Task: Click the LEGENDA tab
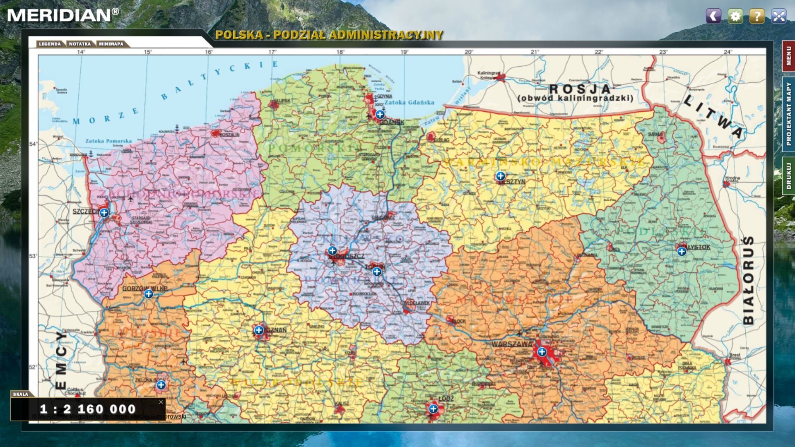(x=50, y=44)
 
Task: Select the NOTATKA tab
(x=80, y=44)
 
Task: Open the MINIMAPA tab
(x=111, y=44)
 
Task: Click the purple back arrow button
(x=713, y=16)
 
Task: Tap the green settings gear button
(x=735, y=16)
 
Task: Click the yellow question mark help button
(x=757, y=16)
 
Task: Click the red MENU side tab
(x=788, y=56)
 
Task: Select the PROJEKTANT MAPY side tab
(x=788, y=114)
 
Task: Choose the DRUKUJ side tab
(x=788, y=176)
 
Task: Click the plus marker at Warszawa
(x=542, y=352)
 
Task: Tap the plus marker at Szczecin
(x=104, y=213)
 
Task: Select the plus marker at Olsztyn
(x=500, y=176)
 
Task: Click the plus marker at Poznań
(x=259, y=330)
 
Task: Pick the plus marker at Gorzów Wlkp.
(x=149, y=294)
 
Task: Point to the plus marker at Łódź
(x=433, y=409)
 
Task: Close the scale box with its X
(x=161, y=402)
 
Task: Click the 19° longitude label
(x=404, y=52)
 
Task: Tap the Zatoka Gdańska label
(x=409, y=102)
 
